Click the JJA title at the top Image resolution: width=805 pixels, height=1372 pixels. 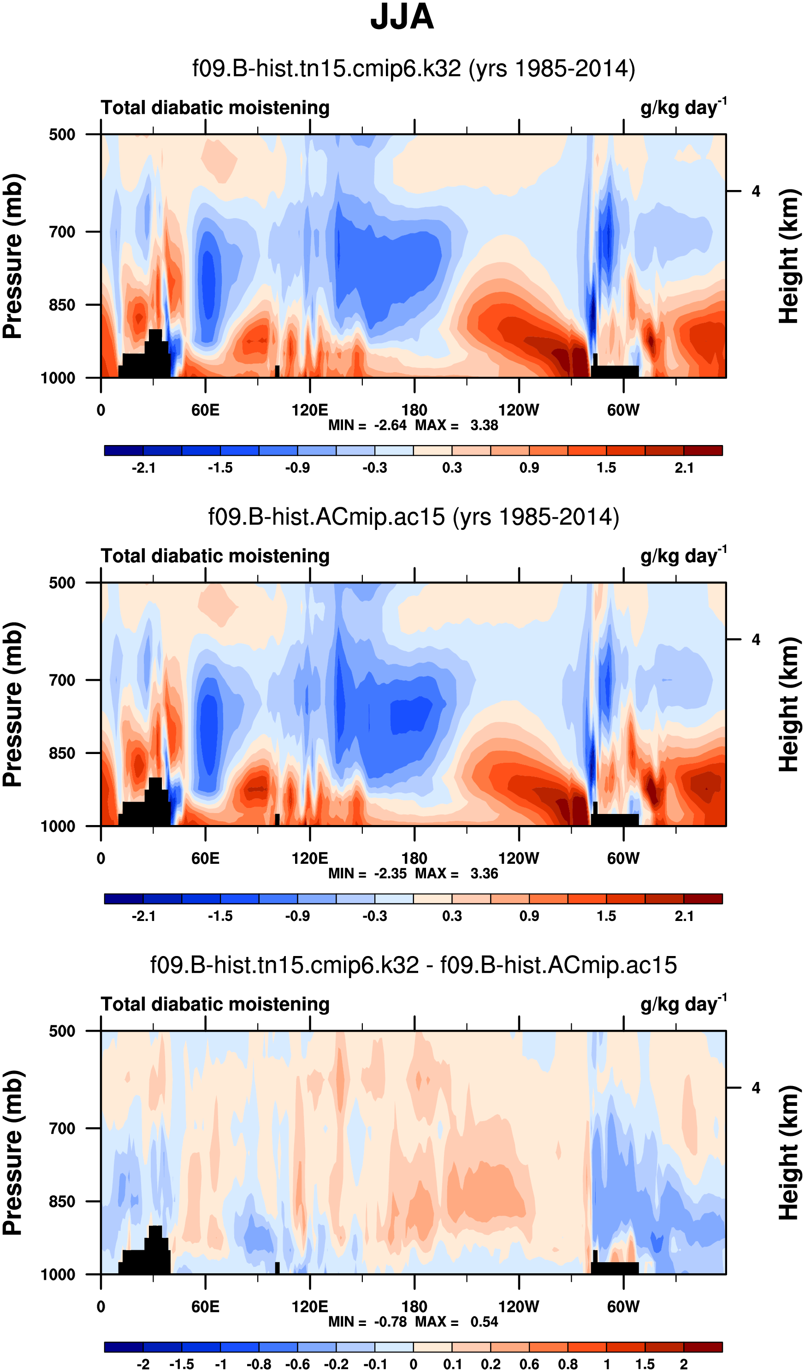[402, 18]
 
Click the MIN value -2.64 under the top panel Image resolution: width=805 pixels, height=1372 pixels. [390, 425]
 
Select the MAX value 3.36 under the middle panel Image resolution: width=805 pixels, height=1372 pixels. [484, 873]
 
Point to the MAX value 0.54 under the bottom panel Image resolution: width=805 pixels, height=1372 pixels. [484, 1321]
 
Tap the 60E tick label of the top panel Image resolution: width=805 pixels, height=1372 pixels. [205, 410]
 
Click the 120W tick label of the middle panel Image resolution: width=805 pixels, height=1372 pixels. [518, 859]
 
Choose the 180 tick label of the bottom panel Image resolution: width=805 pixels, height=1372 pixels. [414, 1307]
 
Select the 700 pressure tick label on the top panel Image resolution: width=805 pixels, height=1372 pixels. [62, 232]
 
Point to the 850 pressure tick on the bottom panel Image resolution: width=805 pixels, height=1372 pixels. [62, 1201]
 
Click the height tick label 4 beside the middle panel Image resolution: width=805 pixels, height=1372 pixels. [756, 640]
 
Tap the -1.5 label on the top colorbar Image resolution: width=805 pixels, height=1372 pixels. [220, 468]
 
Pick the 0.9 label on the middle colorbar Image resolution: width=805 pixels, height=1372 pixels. [529, 916]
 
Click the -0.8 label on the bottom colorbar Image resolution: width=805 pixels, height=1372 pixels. [259, 1364]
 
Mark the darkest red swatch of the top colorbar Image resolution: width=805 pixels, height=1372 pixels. [703, 450]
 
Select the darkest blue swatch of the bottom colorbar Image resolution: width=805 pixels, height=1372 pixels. [124, 1347]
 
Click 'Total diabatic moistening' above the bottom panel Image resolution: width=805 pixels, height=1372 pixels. [215, 1004]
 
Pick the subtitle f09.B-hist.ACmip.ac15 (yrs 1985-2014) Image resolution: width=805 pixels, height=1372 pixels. [414, 517]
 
